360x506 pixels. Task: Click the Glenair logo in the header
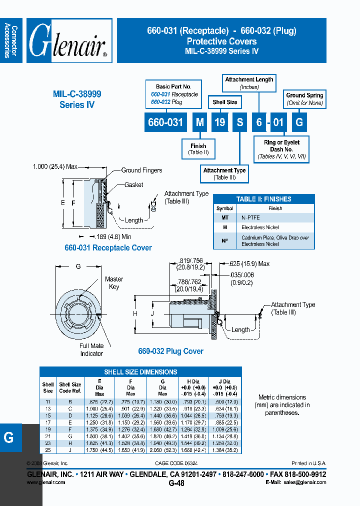[x=69, y=41]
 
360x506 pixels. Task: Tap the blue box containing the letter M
[x=199, y=122]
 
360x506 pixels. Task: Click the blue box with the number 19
[x=218, y=122]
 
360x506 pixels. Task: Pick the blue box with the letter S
[x=239, y=122]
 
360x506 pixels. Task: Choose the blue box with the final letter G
[x=298, y=122]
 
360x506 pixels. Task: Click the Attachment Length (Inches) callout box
[x=249, y=83]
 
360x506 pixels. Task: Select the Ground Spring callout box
[x=304, y=99]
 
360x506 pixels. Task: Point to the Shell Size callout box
[x=225, y=102]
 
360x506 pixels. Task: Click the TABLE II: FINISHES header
[x=263, y=199]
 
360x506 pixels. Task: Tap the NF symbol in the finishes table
[x=225, y=241]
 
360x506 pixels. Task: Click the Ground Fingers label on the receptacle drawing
[x=141, y=170]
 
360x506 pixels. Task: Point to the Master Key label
[x=114, y=283]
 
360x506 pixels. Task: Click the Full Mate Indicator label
[x=91, y=349]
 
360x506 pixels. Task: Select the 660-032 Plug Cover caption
[x=170, y=351]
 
